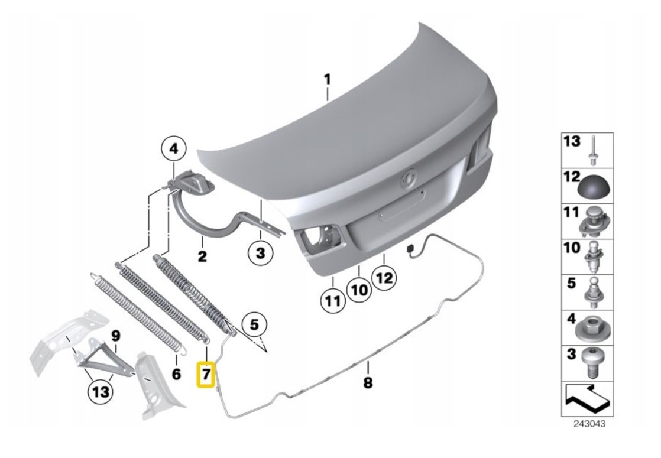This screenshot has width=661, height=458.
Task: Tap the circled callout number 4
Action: [174, 149]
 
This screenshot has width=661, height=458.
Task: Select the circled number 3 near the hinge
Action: [261, 253]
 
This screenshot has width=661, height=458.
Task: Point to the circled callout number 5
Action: [254, 325]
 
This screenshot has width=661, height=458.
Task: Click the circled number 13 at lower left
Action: [101, 392]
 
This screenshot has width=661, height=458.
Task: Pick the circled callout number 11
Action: [333, 301]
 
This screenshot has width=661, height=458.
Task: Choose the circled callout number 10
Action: [359, 290]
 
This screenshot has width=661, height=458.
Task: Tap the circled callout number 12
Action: [384, 278]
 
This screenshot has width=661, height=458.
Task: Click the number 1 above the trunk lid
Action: [327, 80]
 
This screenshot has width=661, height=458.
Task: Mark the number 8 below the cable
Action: [368, 383]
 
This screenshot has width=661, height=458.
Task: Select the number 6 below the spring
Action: [176, 373]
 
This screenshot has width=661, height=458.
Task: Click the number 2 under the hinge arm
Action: [202, 256]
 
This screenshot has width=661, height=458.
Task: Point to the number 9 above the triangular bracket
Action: [116, 336]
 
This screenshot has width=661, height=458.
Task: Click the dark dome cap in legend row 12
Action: [595, 187]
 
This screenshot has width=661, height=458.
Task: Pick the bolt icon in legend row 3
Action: [593, 362]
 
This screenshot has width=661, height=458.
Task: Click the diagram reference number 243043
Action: [589, 424]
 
